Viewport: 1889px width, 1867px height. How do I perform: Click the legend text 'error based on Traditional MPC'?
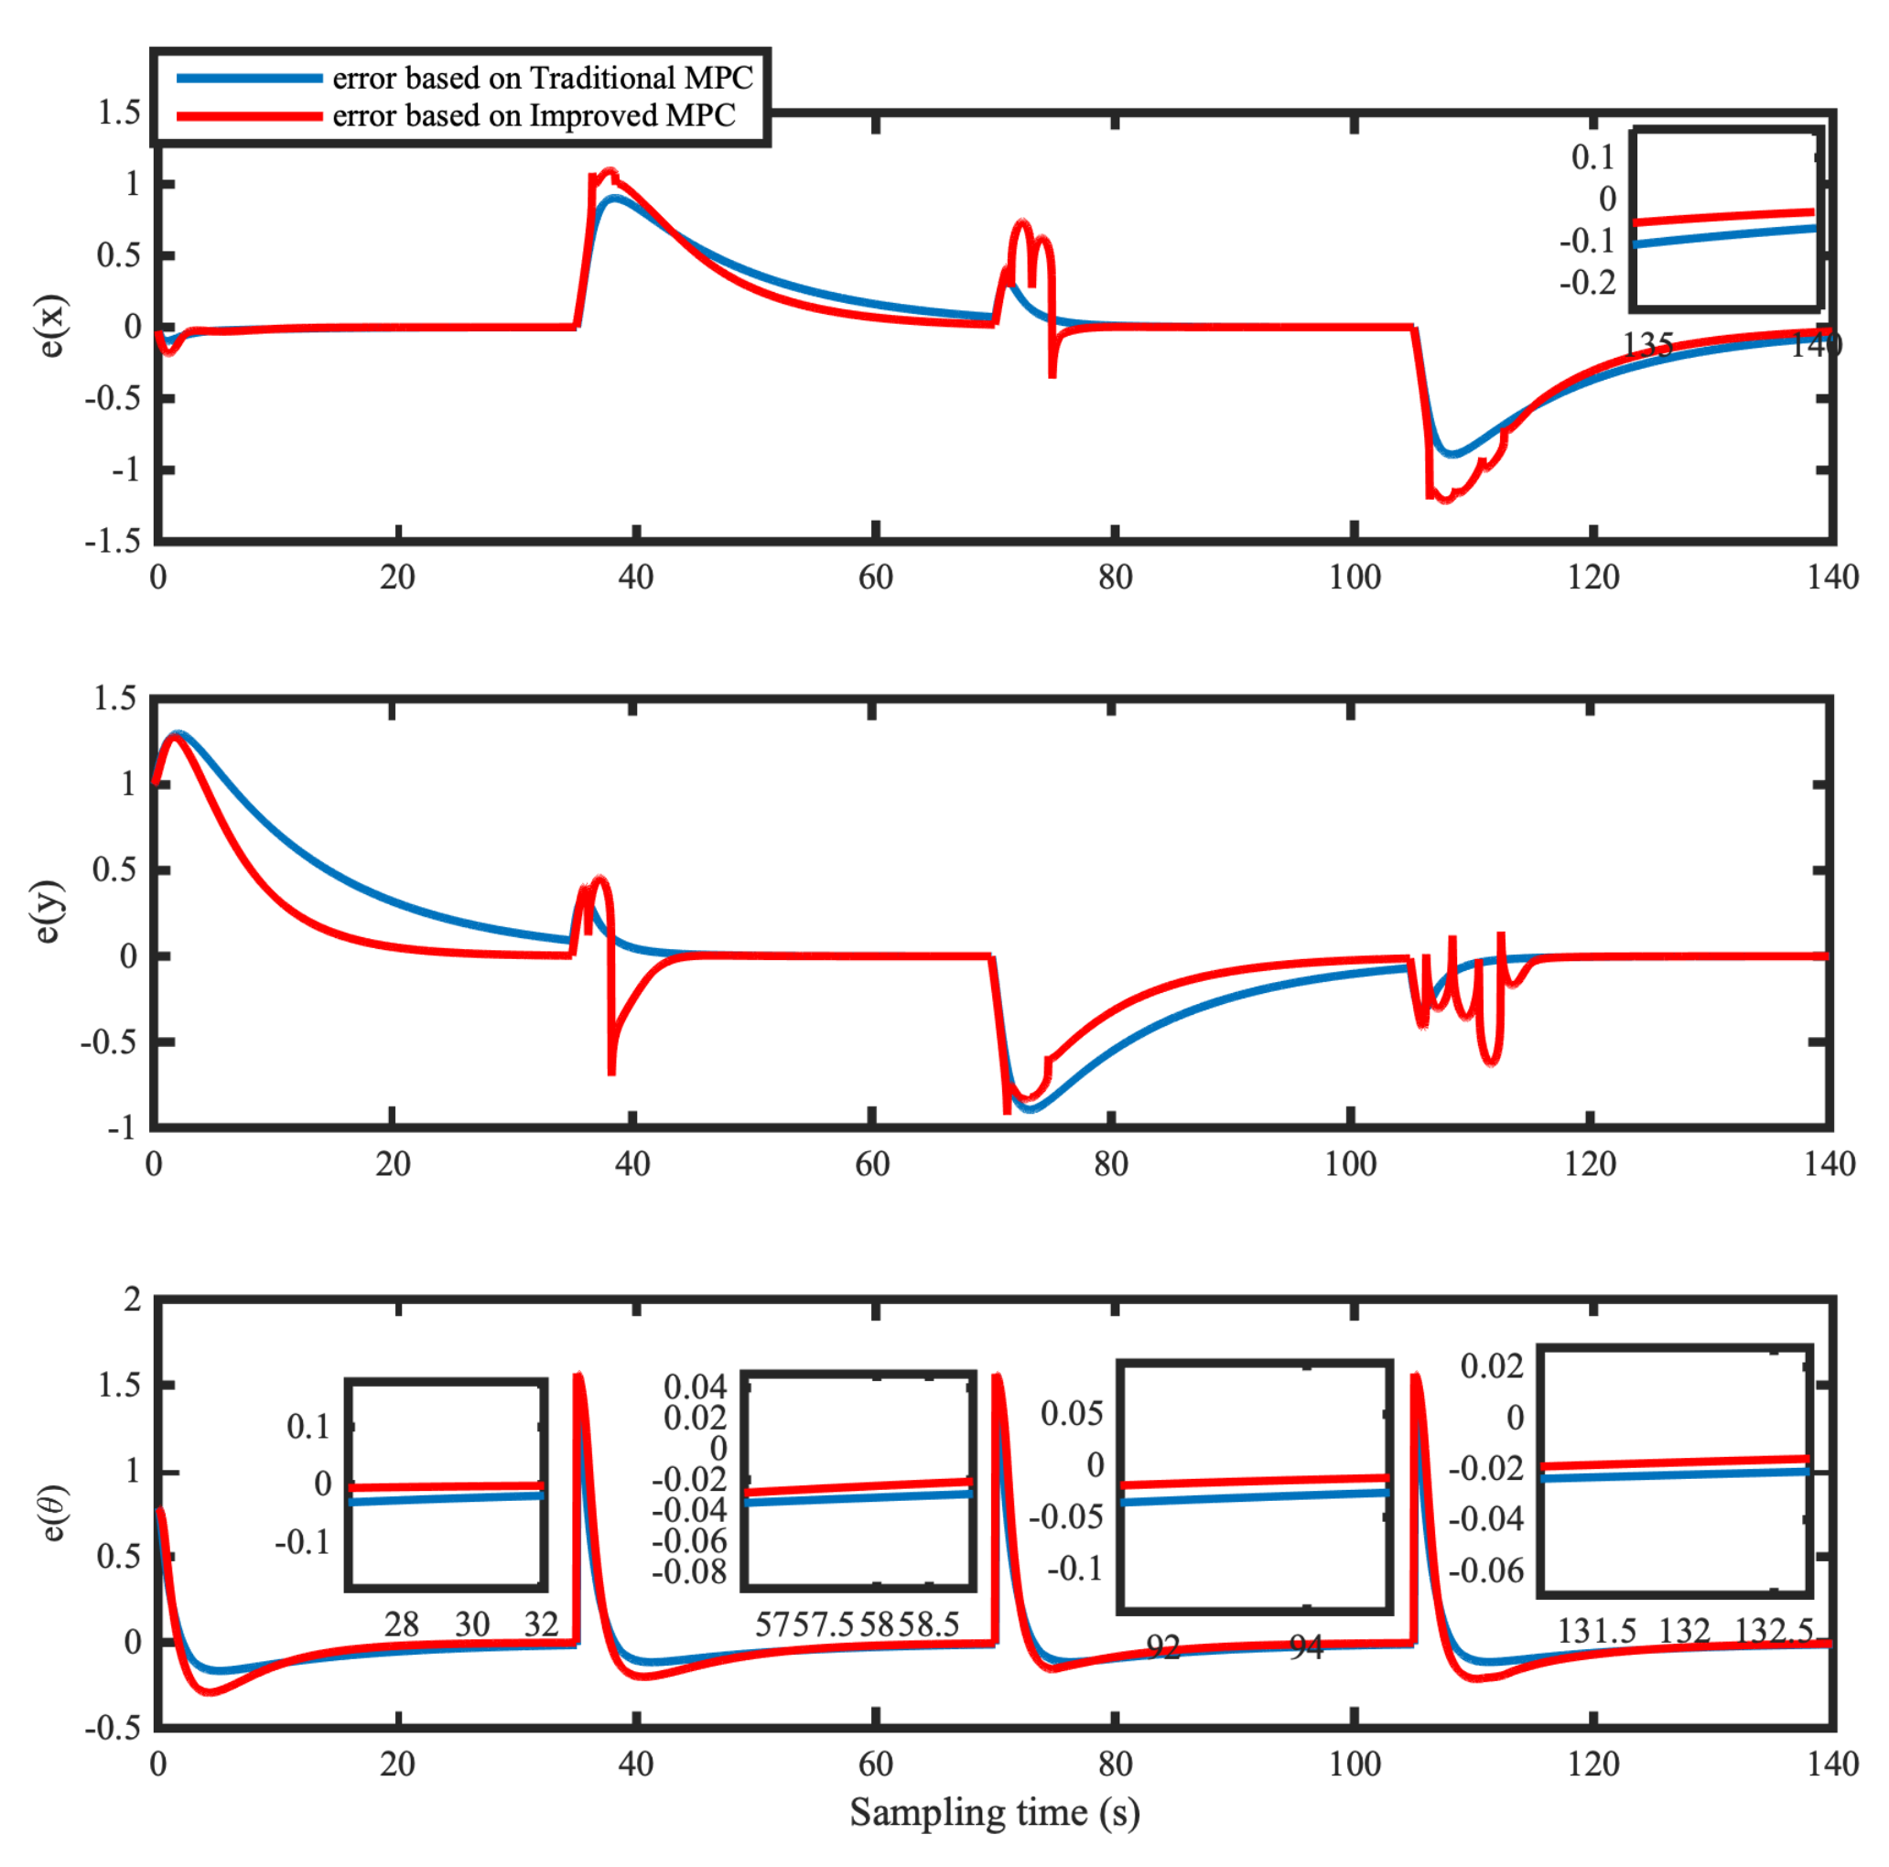(543, 77)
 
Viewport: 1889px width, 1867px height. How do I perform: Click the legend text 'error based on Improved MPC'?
(534, 115)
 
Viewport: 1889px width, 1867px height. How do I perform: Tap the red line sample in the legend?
(249, 116)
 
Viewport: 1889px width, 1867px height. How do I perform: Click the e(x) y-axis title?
(51, 326)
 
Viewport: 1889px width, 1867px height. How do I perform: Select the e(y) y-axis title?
(47, 911)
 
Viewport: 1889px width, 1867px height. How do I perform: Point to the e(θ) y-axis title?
(53, 1511)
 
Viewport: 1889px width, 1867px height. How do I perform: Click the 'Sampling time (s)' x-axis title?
(994, 1811)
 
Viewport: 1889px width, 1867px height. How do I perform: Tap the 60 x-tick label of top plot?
(875, 577)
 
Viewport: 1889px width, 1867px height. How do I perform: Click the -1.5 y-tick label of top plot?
(113, 541)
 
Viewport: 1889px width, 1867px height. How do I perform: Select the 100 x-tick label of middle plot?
(1350, 1163)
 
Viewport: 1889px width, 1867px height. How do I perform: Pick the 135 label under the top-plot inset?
(1647, 344)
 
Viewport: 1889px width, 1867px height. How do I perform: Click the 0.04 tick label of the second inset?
(696, 1387)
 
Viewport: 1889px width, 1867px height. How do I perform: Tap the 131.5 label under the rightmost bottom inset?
(1597, 1631)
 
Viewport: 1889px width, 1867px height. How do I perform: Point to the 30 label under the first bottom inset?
(472, 1624)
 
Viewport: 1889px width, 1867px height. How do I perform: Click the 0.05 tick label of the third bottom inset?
(1072, 1413)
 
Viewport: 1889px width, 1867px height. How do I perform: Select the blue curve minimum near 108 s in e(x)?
(1454, 454)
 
